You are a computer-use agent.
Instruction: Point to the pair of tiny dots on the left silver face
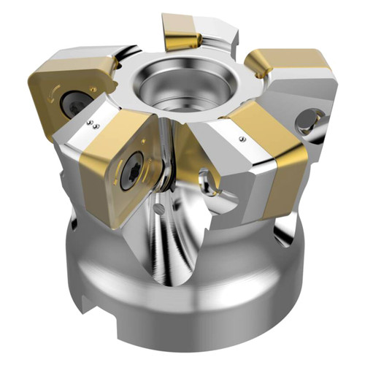point(93,123)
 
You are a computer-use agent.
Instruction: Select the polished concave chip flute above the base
point(182,234)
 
